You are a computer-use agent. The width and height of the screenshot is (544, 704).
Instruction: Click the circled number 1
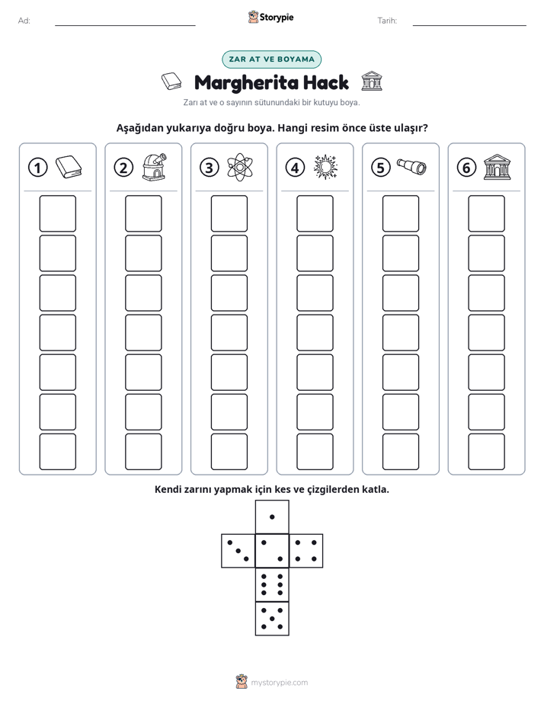[37, 168]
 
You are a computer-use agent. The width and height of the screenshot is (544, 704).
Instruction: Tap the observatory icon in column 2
[154, 167]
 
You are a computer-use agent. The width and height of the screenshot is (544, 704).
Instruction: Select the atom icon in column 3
[240, 168]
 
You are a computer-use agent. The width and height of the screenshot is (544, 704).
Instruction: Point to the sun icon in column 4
[325, 168]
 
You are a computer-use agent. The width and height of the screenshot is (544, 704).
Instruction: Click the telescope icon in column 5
[411, 167]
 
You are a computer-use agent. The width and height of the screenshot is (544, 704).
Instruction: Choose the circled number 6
[466, 168]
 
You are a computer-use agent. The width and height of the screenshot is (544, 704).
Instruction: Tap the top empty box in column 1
[57, 213]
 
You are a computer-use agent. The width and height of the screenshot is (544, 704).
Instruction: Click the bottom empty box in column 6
[486, 452]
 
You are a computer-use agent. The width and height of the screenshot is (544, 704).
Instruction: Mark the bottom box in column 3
[229, 452]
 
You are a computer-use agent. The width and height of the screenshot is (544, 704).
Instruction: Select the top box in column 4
[315, 213]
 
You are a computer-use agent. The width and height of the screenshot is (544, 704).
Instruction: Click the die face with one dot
[272, 517]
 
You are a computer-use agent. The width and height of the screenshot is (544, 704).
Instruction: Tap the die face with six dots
[272, 584]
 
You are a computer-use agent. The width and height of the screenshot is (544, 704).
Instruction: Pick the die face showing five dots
[272, 619]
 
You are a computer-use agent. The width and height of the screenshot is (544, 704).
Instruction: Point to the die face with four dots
[306, 551]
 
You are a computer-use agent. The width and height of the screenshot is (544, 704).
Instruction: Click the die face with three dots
[238, 551]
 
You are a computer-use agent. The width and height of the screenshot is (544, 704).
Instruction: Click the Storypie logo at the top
[270, 17]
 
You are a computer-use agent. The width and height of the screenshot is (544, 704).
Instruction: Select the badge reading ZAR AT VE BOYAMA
[271, 59]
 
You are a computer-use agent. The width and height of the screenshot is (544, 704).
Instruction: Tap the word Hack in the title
[325, 82]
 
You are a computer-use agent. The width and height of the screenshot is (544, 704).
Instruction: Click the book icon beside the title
[171, 82]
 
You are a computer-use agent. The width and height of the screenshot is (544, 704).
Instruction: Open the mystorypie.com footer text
[279, 683]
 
